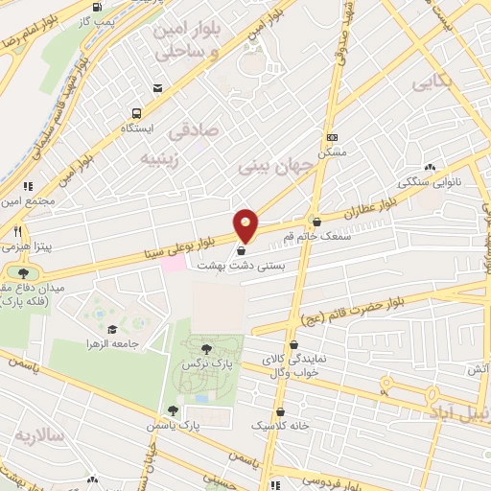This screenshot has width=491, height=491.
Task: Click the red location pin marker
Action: pos(246,225)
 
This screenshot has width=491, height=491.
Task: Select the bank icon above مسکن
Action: pos(332,138)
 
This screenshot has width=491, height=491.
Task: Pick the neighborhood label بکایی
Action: pos(432,84)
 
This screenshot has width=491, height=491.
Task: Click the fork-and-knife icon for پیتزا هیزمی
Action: pos(16,231)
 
